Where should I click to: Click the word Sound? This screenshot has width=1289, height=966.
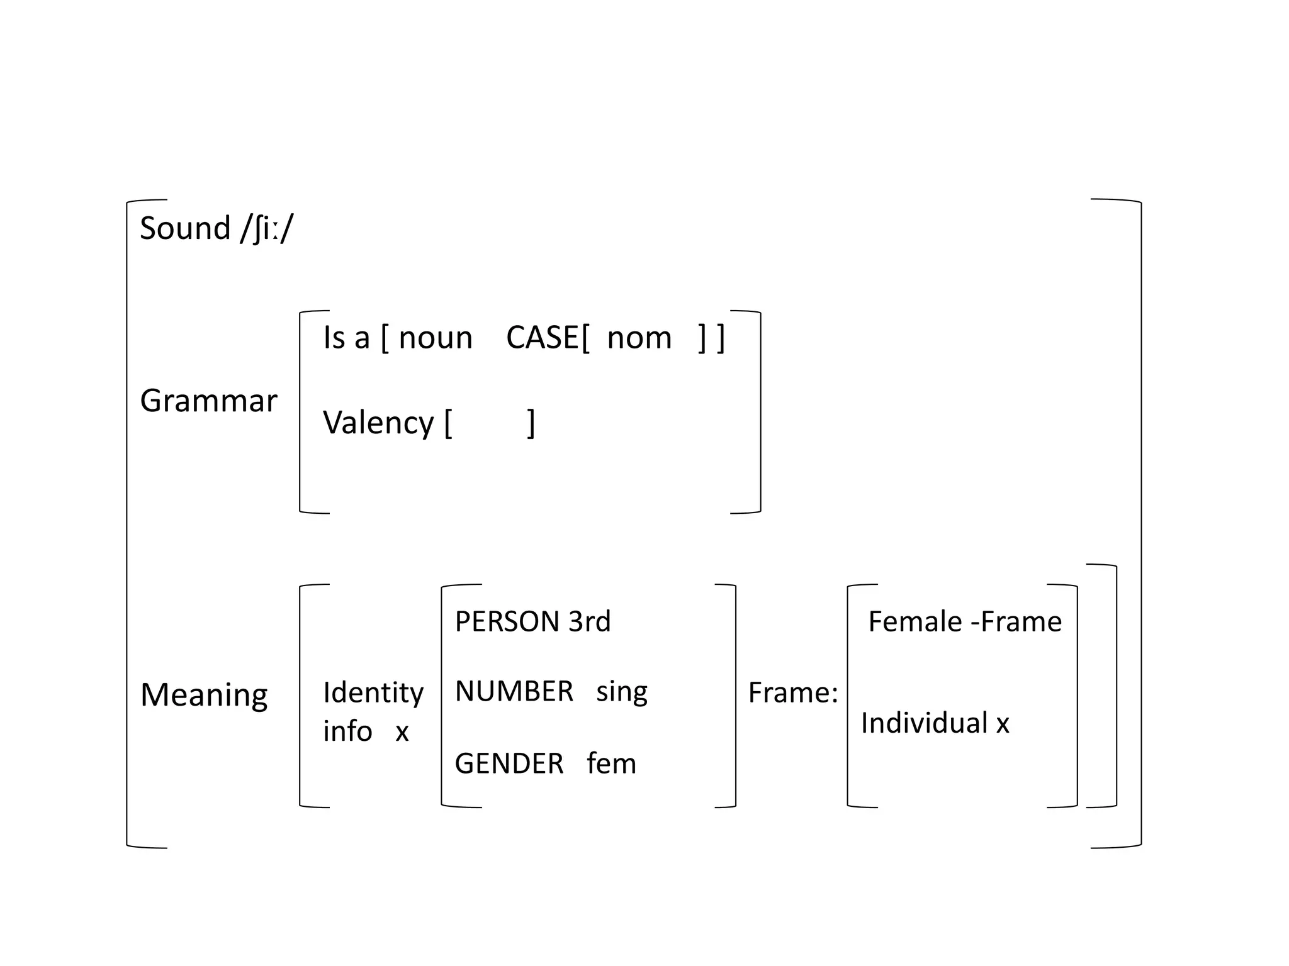pos(184,228)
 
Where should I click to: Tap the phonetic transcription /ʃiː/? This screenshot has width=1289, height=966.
pos(267,229)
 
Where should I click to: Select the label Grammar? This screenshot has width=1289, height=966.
pos(208,401)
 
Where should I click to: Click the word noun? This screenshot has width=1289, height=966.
pos(436,338)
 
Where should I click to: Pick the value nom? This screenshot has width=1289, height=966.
pos(639,338)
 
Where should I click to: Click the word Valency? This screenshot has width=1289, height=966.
pos(378,423)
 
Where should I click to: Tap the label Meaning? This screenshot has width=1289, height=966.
pos(204,695)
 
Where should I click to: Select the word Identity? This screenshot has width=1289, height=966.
pos(373,693)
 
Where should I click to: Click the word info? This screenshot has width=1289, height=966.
pos(347,731)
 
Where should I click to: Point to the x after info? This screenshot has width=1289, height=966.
pos(402,732)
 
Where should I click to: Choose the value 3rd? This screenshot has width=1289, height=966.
pos(589,622)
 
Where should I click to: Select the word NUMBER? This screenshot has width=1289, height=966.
pos(514,692)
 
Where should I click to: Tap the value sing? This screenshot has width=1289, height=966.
pos(622,692)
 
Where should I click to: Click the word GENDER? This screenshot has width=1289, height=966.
pos(509,764)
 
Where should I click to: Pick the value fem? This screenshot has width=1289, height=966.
pos(611,764)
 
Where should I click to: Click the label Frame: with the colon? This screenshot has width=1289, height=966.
pos(793,693)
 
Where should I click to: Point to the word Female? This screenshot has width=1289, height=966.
pos(915,622)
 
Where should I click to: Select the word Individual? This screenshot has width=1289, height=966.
pos(924,723)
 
